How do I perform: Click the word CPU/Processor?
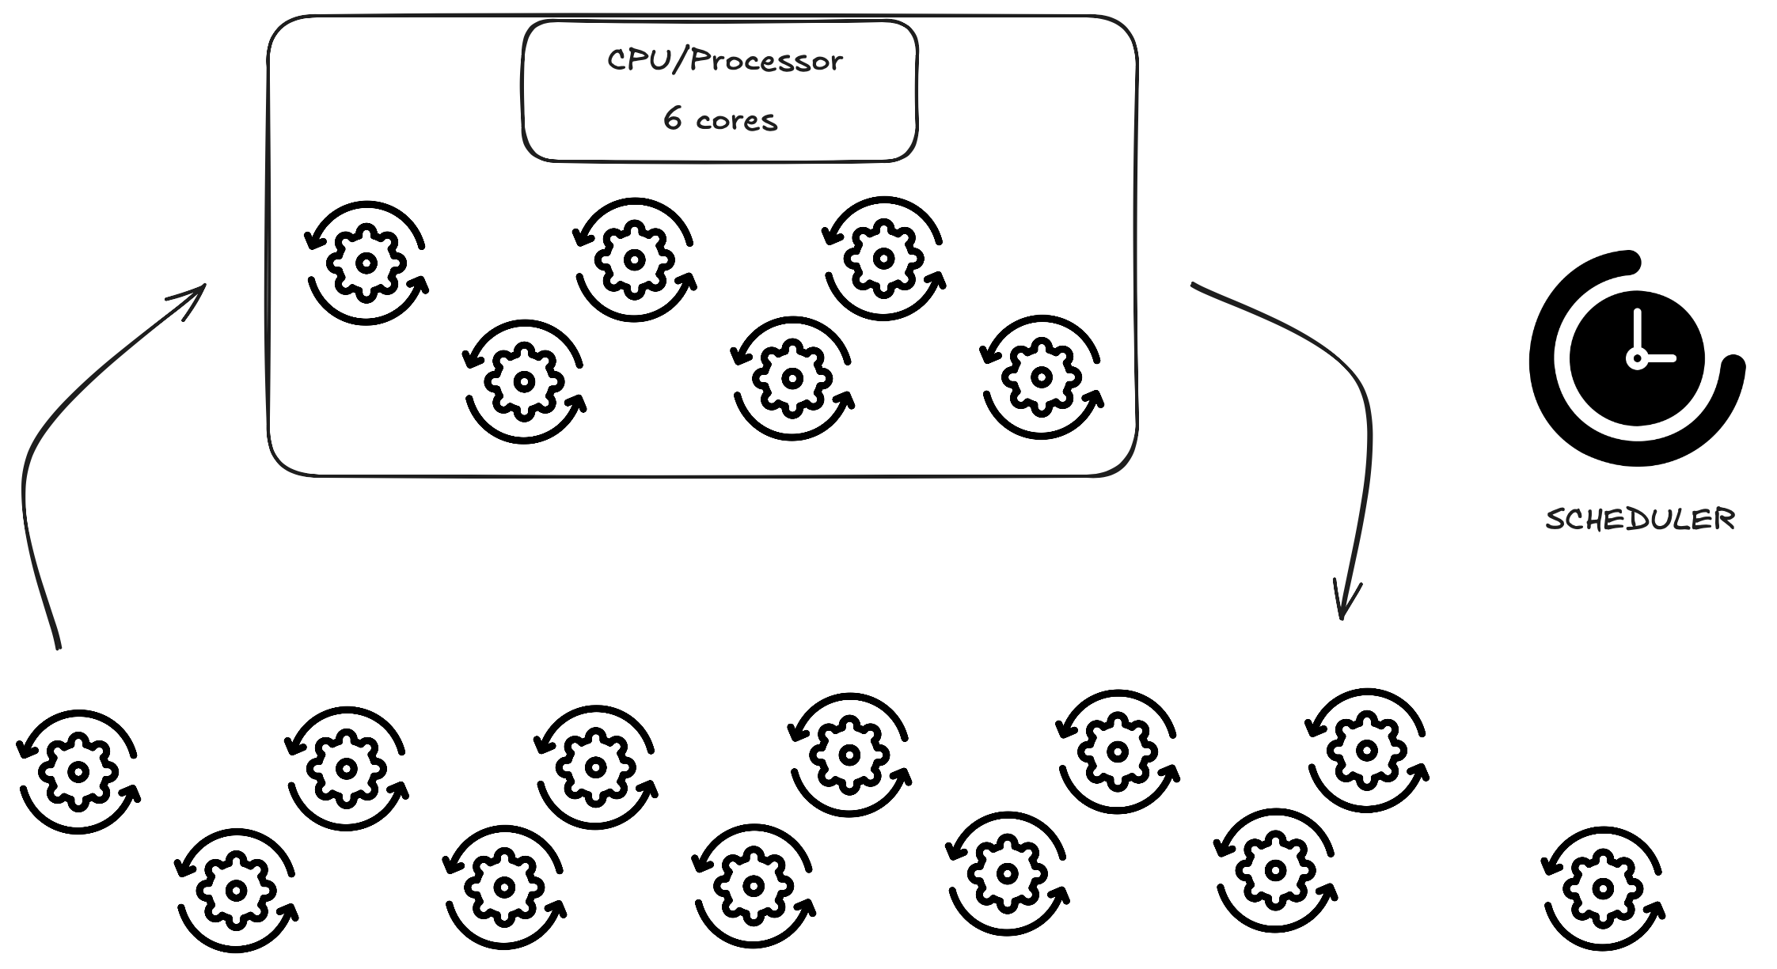point(724,61)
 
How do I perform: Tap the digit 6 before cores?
point(672,119)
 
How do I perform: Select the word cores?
point(737,121)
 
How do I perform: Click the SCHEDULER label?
point(1639,520)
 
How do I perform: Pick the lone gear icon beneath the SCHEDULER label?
point(1603,888)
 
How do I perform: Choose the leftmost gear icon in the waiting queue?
point(78,772)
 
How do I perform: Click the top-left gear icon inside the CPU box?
point(366,263)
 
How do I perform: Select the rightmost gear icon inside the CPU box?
point(1042,377)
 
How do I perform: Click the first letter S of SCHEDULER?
point(1554,520)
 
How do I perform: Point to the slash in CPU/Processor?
point(677,61)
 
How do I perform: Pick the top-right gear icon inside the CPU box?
point(883,258)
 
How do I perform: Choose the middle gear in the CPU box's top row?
point(634,259)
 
